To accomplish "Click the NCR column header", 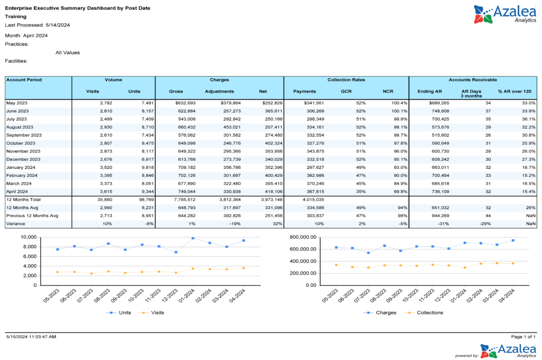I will pyautogui.click(x=388, y=91).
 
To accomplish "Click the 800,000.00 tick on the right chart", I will pyautogui.click(x=300, y=237).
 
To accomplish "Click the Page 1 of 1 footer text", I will pyautogui.click(x=523, y=337).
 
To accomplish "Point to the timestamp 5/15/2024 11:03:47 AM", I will pyautogui.click(x=31, y=337).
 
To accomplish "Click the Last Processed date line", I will pyautogui.click(x=38, y=25).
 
